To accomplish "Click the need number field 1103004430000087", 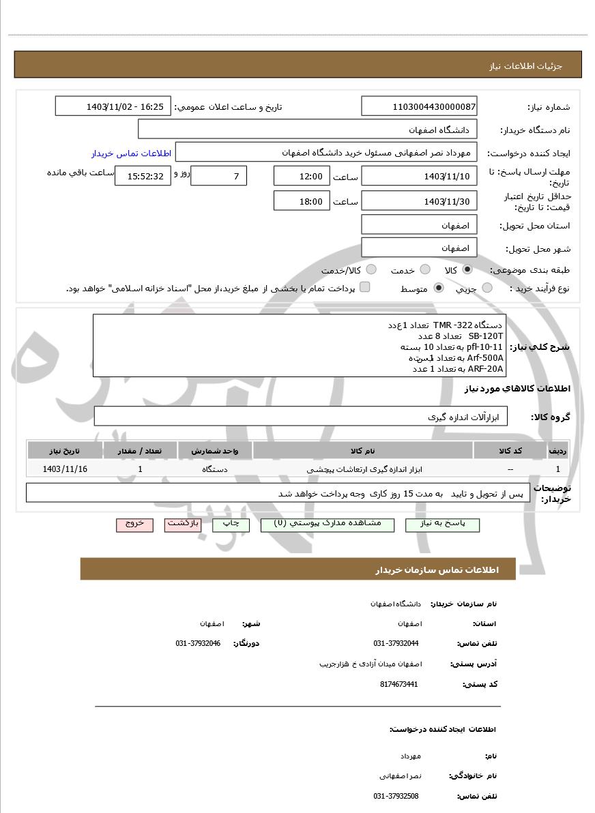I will [x=419, y=106].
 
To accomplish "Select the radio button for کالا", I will [x=467, y=269].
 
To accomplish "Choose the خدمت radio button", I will [x=424, y=270].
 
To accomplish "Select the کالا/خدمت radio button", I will [x=371, y=270].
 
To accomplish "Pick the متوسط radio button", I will [x=438, y=288].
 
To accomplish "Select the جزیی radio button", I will [x=487, y=288].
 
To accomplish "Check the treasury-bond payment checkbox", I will [x=364, y=287].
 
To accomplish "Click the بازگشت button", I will [x=183, y=524].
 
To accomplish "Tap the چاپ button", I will [x=231, y=524].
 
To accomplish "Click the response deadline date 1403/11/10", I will [x=419, y=176].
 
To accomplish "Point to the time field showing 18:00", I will [x=302, y=201].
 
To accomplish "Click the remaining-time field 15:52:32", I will [x=141, y=176].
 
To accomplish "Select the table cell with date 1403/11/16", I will [x=65, y=469].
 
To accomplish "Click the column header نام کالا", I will [x=362, y=451].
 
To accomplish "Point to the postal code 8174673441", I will [x=398, y=684].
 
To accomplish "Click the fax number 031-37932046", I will [x=198, y=643].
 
